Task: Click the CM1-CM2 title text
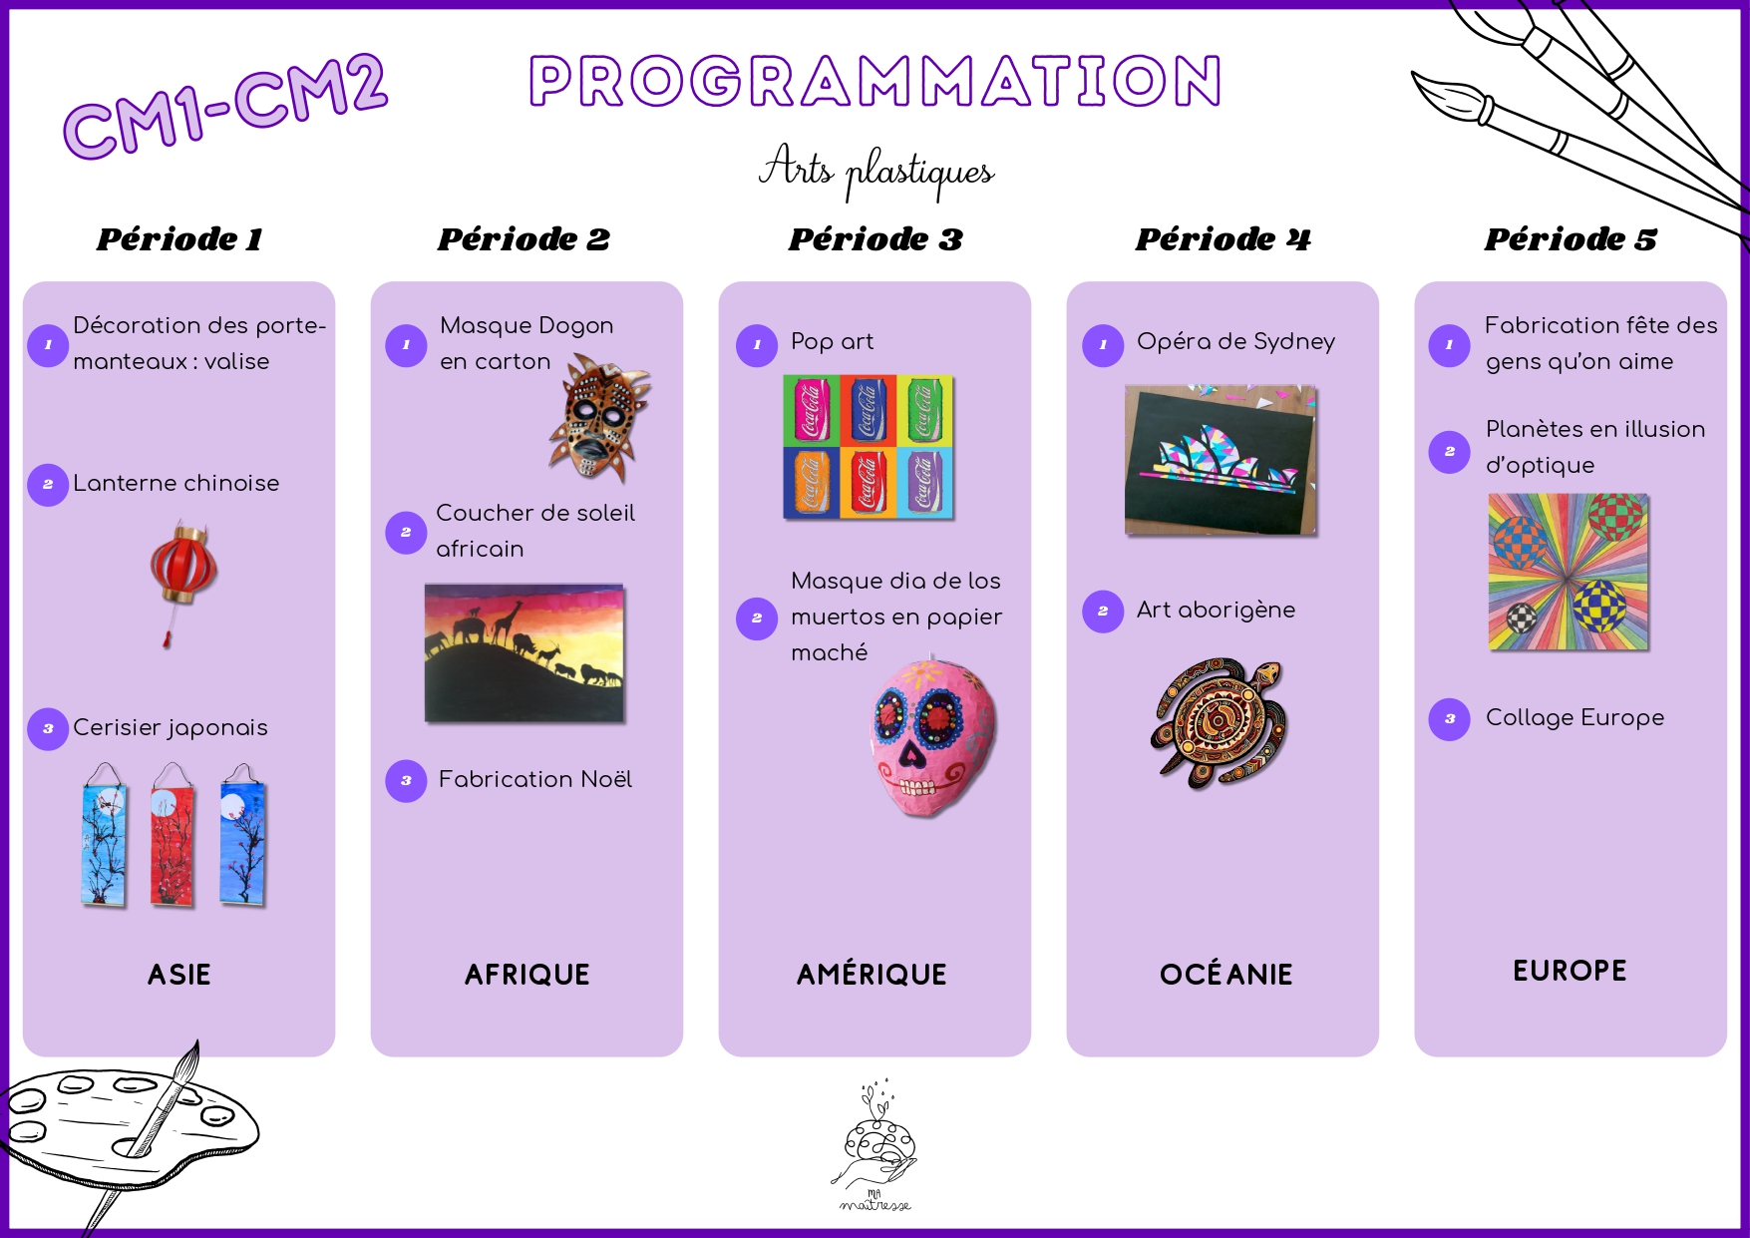(224, 105)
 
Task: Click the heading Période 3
(875, 239)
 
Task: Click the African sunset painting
(525, 653)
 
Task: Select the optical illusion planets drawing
(1568, 573)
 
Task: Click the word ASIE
(179, 975)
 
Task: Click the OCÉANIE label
(1225, 975)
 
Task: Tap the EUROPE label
(1570, 971)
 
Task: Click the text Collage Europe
(1575, 717)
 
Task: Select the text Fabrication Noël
(534, 779)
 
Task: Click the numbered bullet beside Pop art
(757, 345)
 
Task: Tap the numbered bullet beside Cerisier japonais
(48, 728)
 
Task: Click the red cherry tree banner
(173, 836)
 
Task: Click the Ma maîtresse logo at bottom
(875, 1147)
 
